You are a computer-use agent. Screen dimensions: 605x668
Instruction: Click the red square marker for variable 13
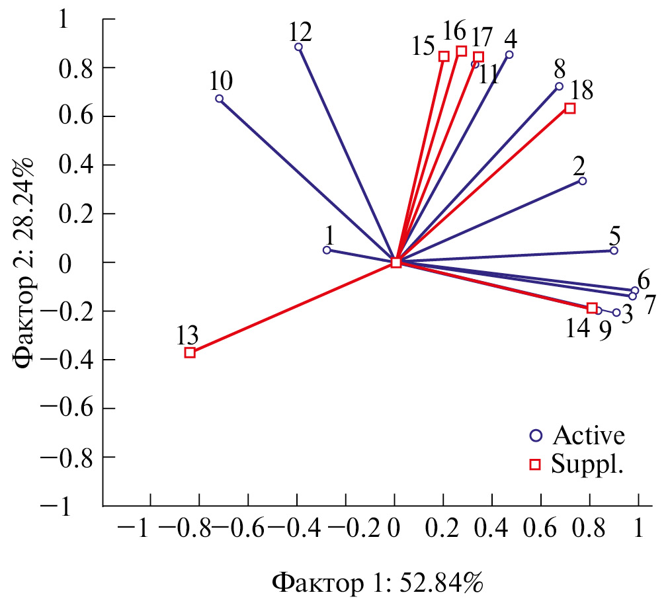[190, 352]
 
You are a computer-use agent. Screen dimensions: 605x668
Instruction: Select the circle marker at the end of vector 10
[219, 99]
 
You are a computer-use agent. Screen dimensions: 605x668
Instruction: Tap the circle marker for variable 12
[298, 47]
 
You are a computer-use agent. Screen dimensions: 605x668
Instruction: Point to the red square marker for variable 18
[569, 108]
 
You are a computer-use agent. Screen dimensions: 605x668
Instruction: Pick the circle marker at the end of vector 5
[614, 251]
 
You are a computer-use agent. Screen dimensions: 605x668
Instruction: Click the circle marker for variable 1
[326, 250]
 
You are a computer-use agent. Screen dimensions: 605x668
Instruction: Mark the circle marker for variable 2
[583, 181]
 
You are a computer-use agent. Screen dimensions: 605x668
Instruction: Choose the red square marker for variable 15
[444, 56]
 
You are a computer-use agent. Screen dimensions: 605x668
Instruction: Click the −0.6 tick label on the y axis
[70, 409]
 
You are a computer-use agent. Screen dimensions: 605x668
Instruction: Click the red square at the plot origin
[396, 262]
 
